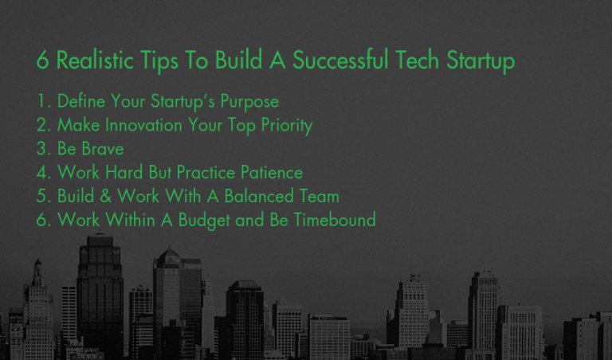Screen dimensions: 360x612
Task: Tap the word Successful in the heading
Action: (x=342, y=61)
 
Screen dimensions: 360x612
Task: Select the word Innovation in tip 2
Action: (x=147, y=126)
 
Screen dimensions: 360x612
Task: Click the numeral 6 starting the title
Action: (x=42, y=61)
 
